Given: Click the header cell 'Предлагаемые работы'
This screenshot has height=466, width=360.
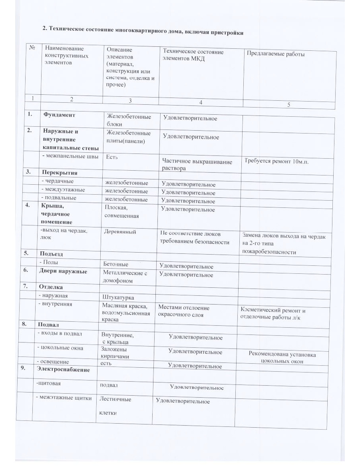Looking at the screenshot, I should [276, 54].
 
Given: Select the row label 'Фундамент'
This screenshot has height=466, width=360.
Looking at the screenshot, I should [59, 115].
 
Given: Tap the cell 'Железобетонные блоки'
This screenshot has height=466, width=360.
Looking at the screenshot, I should [129, 120].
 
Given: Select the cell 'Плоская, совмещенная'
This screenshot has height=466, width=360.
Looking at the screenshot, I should [122, 212].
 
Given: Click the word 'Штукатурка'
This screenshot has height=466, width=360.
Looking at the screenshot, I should [118, 298].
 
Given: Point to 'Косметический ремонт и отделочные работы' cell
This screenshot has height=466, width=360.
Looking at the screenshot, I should [272, 314].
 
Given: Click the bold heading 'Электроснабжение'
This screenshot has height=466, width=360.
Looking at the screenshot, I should [63, 370].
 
